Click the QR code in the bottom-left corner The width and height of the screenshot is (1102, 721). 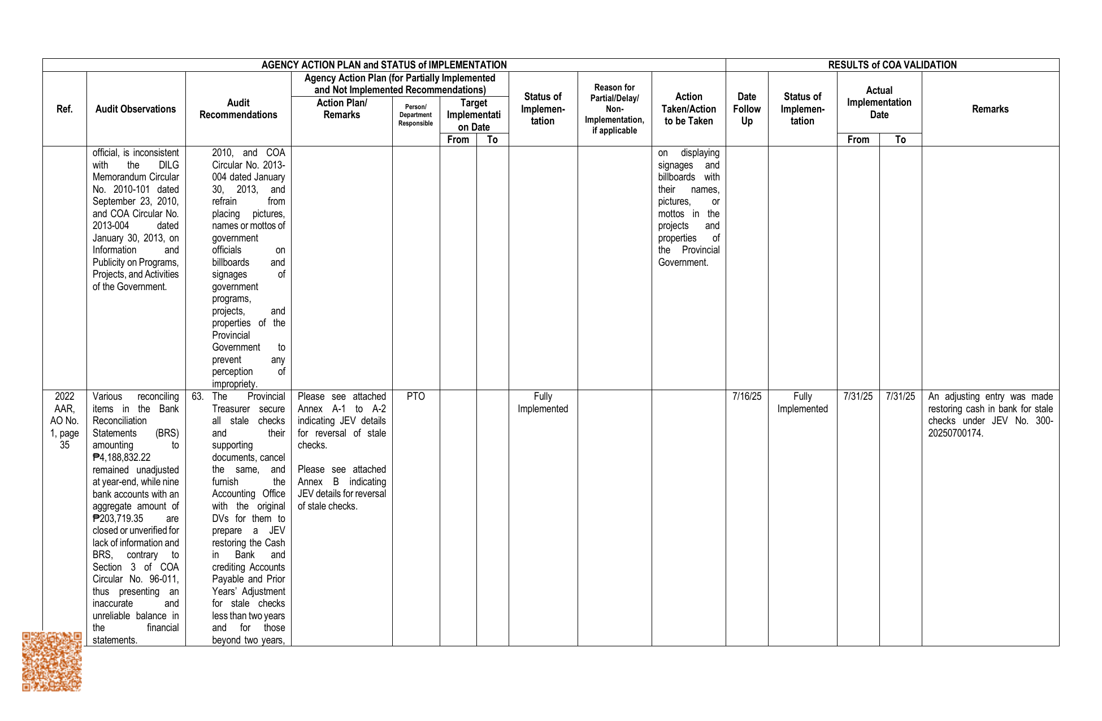pyautogui.click(x=52, y=661)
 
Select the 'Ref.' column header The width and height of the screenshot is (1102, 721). pyautogui.click(x=64, y=109)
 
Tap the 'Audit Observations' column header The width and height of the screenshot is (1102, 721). pyautogui.click(x=136, y=109)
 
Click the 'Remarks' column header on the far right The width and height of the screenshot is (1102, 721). pyautogui.click(x=990, y=109)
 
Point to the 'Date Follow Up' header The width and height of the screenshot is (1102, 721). pyautogui.click(x=747, y=109)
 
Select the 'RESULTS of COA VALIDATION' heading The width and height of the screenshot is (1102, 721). pyautogui.click(x=892, y=65)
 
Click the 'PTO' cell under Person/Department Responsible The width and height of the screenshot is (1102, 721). pyautogui.click(x=415, y=396)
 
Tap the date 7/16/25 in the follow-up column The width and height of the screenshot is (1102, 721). pyautogui.click(x=747, y=396)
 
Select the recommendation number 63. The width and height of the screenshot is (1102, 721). pyautogui.click(x=197, y=396)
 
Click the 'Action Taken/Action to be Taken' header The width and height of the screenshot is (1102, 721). pyautogui.click(x=688, y=109)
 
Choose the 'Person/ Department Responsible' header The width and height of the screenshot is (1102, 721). pyautogui.click(x=415, y=115)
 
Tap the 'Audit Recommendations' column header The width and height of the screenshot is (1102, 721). pyautogui.click(x=238, y=109)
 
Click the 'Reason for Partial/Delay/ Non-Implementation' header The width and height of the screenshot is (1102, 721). pyautogui.click(x=614, y=109)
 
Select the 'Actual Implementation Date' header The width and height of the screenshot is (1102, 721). pyautogui.click(x=879, y=102)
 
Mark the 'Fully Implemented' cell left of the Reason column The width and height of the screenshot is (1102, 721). pyautogui.click(x=543, y=403)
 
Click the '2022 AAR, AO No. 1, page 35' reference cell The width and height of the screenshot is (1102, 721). pyautogui.click(x=64, y=421)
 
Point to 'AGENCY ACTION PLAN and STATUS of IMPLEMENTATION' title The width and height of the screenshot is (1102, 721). pyautogui.click(x=384, y=65)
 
